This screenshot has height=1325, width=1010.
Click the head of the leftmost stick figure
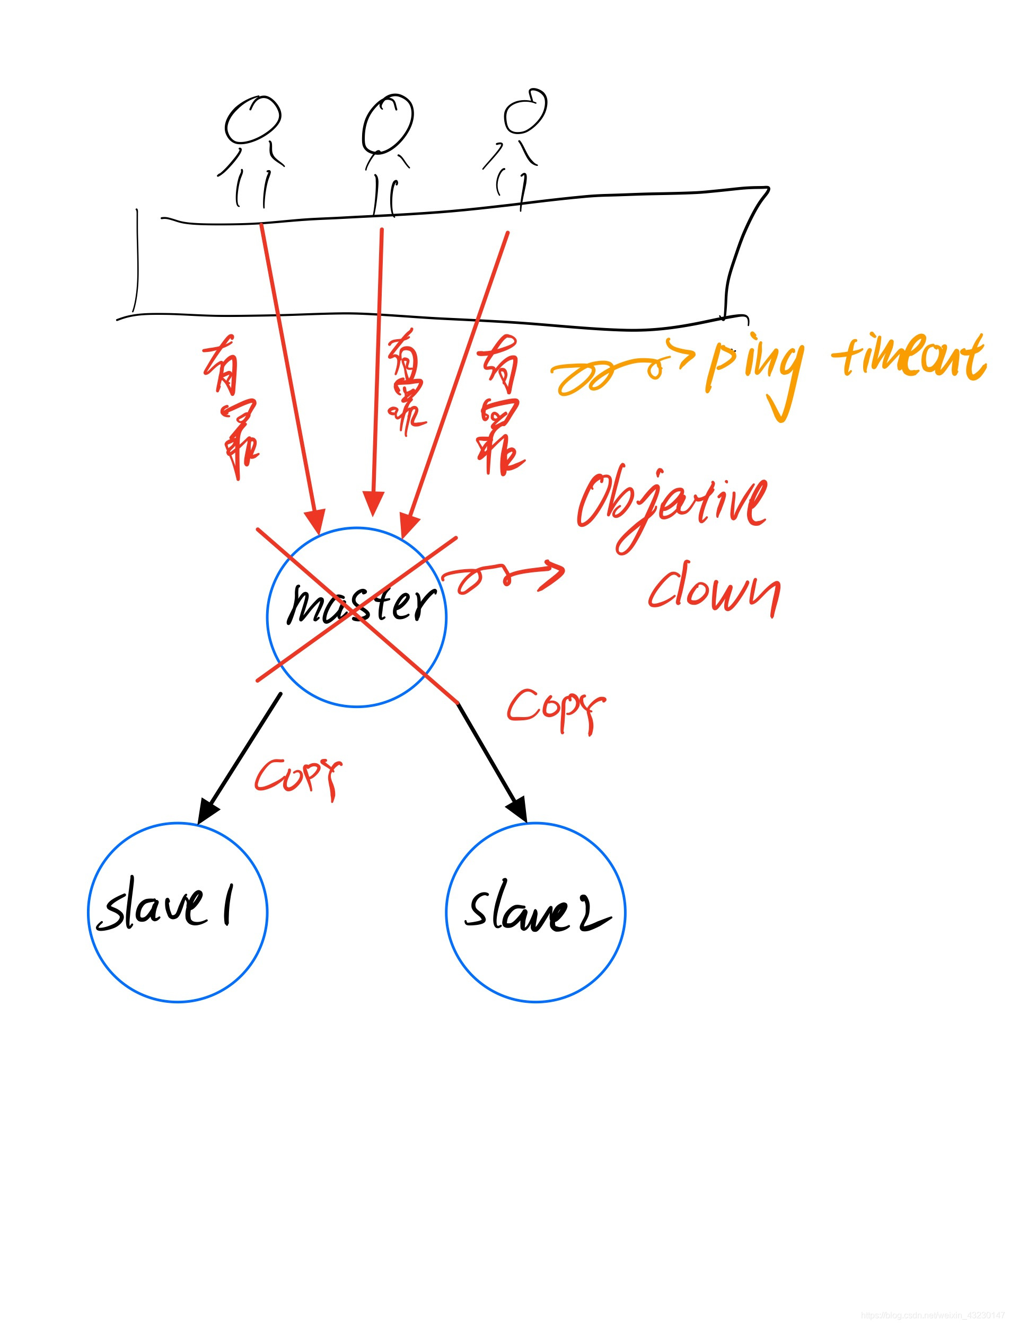[x=252, y=120]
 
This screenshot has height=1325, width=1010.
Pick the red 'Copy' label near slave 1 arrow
[x=298, y=775]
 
